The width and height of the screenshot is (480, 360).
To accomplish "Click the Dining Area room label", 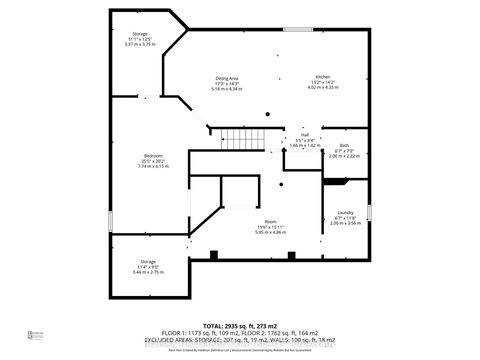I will (227, 77).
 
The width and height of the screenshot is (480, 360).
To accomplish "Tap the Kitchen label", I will (324, 77).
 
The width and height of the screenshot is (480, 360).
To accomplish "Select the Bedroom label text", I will (153, 155).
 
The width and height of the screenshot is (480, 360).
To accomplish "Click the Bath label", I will (344, 146).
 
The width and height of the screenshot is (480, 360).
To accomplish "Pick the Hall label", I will (304, 135).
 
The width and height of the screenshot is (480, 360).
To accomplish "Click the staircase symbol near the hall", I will (238, 139).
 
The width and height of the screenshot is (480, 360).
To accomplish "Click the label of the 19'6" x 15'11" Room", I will (270, 221).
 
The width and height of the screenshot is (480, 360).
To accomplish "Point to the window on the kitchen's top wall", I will (297, 29).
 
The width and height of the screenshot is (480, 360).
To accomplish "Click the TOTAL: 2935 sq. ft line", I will (240, 327).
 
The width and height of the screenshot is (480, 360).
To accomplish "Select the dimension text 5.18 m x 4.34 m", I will (227, 90).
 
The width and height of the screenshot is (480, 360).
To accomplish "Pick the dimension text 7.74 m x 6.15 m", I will (153, 166).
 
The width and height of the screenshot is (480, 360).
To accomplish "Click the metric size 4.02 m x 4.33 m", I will (324, 89).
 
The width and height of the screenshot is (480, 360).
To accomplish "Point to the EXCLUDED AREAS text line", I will (240, 343).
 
